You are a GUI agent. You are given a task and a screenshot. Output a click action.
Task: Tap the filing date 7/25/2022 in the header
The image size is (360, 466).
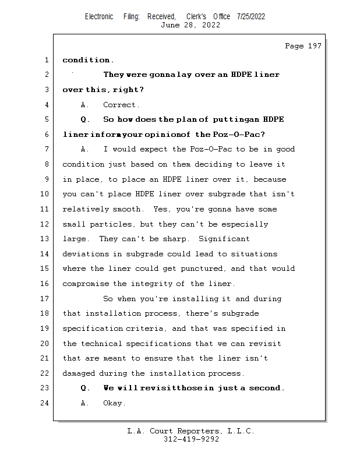pyautogui.click(x=251, y=16)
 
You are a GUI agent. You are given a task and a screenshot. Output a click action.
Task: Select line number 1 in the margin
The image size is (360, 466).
pyautogui.click(x=45, y=60)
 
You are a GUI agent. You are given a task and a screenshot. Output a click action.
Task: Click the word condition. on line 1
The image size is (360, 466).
pyautogui.click(x=88, y=60)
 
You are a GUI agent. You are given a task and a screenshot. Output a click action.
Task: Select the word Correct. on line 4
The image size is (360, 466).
pyautogui.click(x=121, y=105)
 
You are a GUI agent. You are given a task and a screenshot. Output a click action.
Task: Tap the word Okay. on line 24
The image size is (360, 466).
pyautogui.click(x=114, y=403)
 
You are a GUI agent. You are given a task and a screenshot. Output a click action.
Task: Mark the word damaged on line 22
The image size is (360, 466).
pyautogui.click(x=79, y=373)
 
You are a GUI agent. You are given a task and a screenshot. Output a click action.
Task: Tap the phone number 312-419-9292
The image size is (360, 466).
pyautogui.click(x=192, y=439)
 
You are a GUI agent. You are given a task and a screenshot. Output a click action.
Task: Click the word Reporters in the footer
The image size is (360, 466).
pyautogui.click(x=197, y=431)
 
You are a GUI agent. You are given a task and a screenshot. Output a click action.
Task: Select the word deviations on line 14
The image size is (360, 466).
pyautogui.click(x=85, y=254)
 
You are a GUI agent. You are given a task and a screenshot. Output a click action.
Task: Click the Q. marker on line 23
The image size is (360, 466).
pyautogui.click(x=85, y=388)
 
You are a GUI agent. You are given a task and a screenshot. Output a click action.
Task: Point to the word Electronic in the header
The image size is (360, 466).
pyautogui.click(x=99, y=16)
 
